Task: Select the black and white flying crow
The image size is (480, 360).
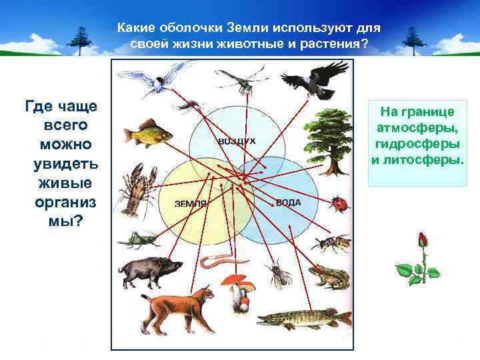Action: coord(313,79)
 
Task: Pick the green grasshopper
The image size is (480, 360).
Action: coord(139,237)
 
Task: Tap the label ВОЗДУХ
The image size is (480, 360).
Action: coord(237,142)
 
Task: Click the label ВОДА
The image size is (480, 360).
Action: coord(288,202)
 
